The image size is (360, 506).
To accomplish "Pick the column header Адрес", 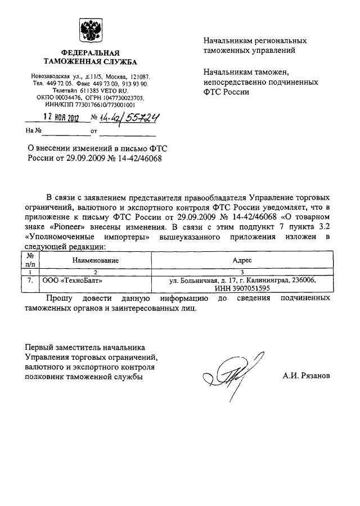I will coord(242,261).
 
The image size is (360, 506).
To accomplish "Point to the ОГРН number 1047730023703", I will coord(122,97).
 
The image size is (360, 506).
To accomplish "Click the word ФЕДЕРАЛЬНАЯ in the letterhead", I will coord(87,52).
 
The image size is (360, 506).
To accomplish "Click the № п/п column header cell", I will coord(29,261).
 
